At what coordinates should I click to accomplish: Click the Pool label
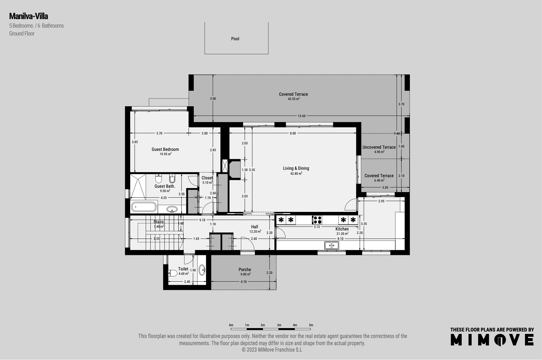pyautogui.click(x=235, y=39)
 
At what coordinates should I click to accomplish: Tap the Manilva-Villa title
pyautogui.click(x=29, y=16)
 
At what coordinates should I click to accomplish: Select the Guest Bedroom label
pyautogui.click(x=165, y=149)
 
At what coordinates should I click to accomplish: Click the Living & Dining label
pyautogui.click(x=296, y=168)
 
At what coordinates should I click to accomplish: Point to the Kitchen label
pyautogui.click(x=342, y=229)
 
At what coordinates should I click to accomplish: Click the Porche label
pyautogui.click(x=245, y=270)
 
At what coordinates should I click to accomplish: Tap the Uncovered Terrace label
pyautogui.click(x=379, y=147)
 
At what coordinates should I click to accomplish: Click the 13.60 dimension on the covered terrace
pyautogui.click(x=302, y=116)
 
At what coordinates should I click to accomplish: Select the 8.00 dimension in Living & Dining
pyautogui.click(x=293, y=134)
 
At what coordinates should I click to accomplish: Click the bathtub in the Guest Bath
pyautogui.click(x=144, y=206)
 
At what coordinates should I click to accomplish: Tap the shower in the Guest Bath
pyautogui.click(x=138, y=187)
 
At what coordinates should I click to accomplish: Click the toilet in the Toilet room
pyautogui.click(x=173, y=273)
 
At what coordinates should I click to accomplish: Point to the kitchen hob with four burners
pyautogui.click(x=317, y=220)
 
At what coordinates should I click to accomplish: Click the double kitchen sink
pyautogui.click(x=332, y=245)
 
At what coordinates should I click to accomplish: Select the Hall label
pyautogui.click(x=255, y=227)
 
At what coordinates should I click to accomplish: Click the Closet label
pyautogui.click(x=207, y=178)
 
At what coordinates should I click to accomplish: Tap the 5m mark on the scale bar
pyautogui.click(x=311, y=325)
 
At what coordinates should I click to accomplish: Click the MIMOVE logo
pyautogui.click(x=492, y=340)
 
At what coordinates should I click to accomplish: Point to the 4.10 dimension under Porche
pyautogui.click(x=244, y=282)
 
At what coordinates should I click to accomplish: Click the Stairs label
pyautogui.click(x=159, y=222)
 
